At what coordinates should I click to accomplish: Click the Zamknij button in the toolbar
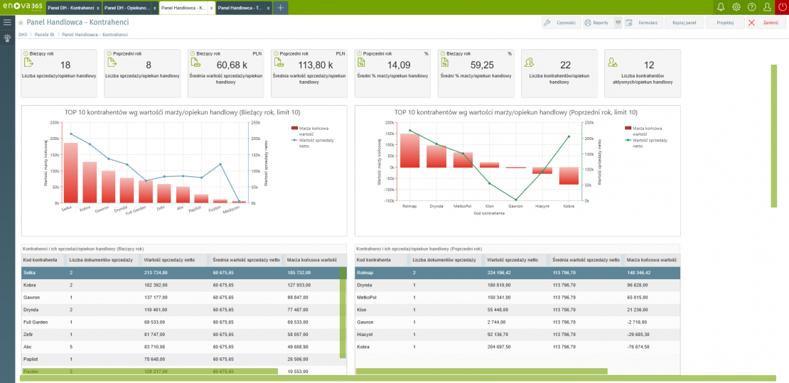tap(765, 23)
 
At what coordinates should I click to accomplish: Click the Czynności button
tap(559, 23)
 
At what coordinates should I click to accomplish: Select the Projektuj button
tap(725, 23)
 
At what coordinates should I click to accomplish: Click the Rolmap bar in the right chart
tap(409, 150)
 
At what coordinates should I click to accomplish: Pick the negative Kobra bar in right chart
tap(568, 176)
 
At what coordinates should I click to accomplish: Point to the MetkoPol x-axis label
tap(463, 207)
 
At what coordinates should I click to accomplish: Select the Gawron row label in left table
tap(31, 297)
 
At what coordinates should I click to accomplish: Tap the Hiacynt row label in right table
tap(366, 334)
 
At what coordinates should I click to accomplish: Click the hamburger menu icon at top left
tap(7, 23)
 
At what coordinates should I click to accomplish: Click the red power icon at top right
tap(782, 7)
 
